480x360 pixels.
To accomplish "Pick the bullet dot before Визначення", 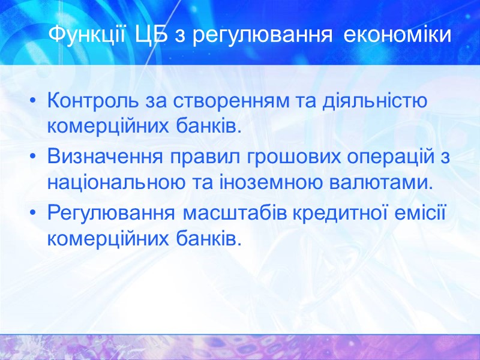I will tap(34, 158).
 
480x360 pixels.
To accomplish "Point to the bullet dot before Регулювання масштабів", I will tap(34, 214).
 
